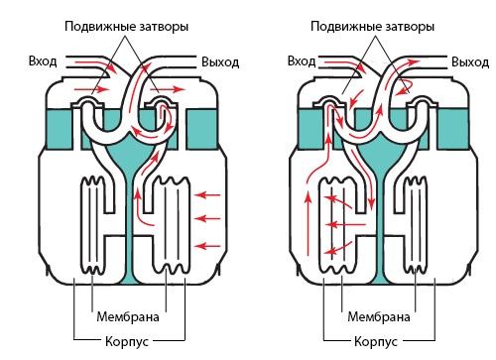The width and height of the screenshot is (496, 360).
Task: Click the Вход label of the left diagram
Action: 43,61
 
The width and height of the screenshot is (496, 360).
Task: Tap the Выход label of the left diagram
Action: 220,62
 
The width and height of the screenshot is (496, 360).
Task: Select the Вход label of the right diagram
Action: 302,61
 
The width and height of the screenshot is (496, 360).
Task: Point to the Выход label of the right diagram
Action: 470,62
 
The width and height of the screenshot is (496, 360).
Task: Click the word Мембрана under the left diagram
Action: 128,317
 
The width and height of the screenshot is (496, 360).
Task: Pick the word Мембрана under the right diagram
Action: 379,317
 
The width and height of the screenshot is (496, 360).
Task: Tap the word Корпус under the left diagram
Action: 127,341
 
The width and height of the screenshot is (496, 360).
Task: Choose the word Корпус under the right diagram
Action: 376,341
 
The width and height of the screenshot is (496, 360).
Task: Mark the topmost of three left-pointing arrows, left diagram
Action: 207,195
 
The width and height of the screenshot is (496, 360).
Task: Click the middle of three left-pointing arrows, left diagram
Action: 207,218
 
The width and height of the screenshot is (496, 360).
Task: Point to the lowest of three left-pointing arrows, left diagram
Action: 207,246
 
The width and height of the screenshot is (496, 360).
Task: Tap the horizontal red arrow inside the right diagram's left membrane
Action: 345,225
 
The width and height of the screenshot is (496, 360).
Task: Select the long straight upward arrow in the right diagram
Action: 309,224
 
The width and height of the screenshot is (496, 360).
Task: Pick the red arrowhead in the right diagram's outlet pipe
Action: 414,61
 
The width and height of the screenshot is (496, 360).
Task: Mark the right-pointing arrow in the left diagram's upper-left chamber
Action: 91,89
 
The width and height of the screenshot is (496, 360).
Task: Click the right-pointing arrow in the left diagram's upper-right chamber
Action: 168,89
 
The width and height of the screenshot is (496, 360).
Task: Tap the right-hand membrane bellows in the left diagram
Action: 172,225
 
